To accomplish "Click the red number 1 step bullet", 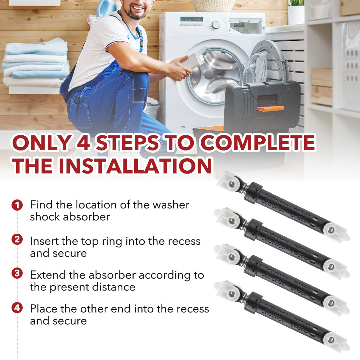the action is tap(17, 205).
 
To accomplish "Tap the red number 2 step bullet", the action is tap(17, 240).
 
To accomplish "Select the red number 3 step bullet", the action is tap(17, 274).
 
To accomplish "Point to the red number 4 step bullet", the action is tap(17, 308).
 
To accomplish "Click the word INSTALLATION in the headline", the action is tap(135, 166).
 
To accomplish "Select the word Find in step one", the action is tap(41, 204).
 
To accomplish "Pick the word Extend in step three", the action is tap(48, 275).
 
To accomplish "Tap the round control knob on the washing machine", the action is tap(216, 24).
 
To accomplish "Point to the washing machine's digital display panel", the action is tap(192, 19).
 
